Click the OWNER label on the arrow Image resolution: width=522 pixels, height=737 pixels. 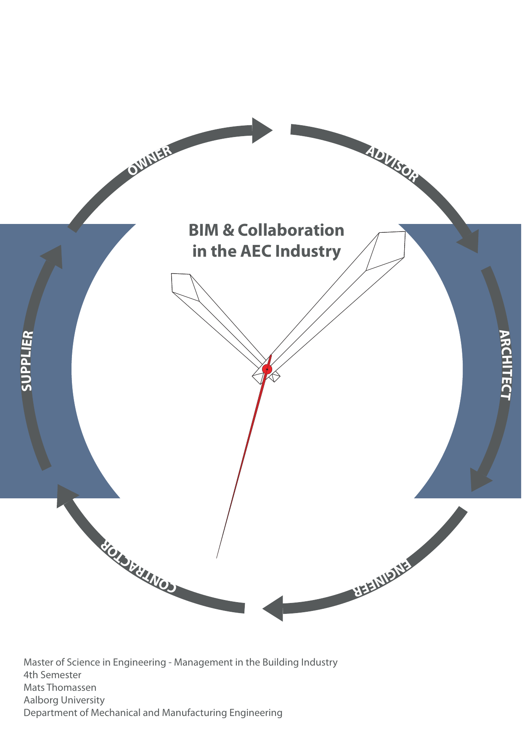click(150, 160)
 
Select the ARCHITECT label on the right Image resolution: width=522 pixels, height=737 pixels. click(505, 365)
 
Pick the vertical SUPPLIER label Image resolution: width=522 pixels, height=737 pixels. click(27, 361)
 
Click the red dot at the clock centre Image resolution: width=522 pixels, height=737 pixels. click(267, 369)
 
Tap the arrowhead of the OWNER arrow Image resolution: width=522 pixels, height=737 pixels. click(262, 131)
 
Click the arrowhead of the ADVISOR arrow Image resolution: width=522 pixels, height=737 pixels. click(470, 242)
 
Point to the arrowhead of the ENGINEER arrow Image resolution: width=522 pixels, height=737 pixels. click(274, 608)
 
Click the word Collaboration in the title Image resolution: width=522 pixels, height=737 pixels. click(291, 230)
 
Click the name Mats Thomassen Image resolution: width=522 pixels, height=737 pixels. click(60, 687)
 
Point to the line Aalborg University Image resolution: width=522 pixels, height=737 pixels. click(64, 700)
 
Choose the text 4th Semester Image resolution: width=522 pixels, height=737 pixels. click(52, 675)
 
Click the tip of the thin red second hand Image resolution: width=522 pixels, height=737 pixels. click(217, 558)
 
